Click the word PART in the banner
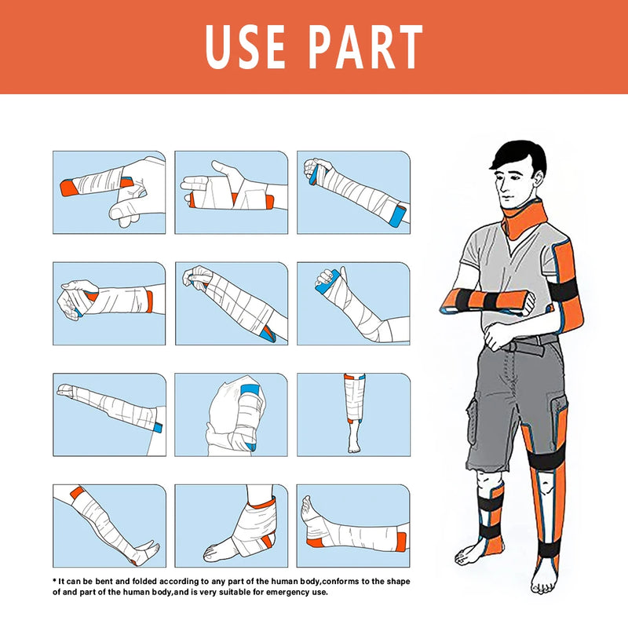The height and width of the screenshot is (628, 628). [366, 47]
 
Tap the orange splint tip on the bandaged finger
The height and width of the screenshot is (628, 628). [68, 188]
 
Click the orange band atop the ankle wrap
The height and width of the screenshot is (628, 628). [263, 502]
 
